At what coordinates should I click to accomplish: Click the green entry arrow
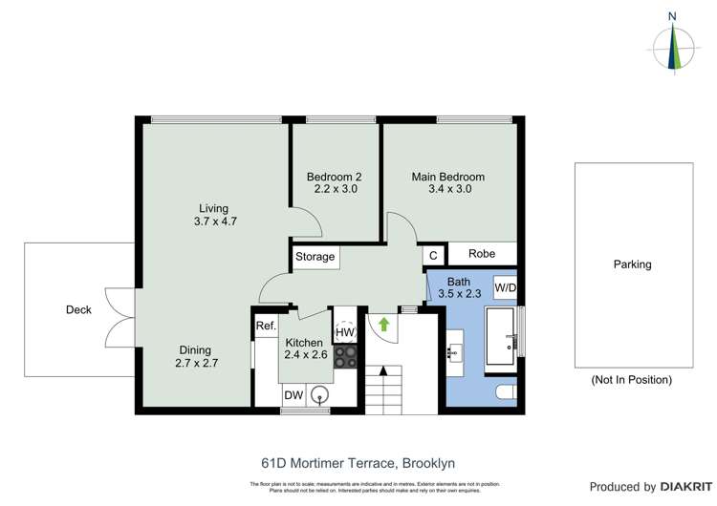pos(384,325)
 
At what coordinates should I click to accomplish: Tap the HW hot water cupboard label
pos(344,331)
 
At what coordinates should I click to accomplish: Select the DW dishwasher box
pos(293,395)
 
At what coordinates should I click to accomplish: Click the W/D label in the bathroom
pos(505,286)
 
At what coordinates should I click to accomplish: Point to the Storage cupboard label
pos(315,257)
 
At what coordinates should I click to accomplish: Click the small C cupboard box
pos(433,255)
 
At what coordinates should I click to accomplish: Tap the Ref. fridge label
pos(265,327)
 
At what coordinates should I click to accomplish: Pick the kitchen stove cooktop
pos(345,356)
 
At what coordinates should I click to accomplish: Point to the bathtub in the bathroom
pos(501,337)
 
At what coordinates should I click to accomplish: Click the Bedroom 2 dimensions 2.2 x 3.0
pos(336,189)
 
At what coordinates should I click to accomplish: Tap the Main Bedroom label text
pos(447,177)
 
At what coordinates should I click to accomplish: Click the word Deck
pos(78,309)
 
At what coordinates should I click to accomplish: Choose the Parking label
pos(632,264)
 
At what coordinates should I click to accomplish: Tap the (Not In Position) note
pos(631,379)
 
